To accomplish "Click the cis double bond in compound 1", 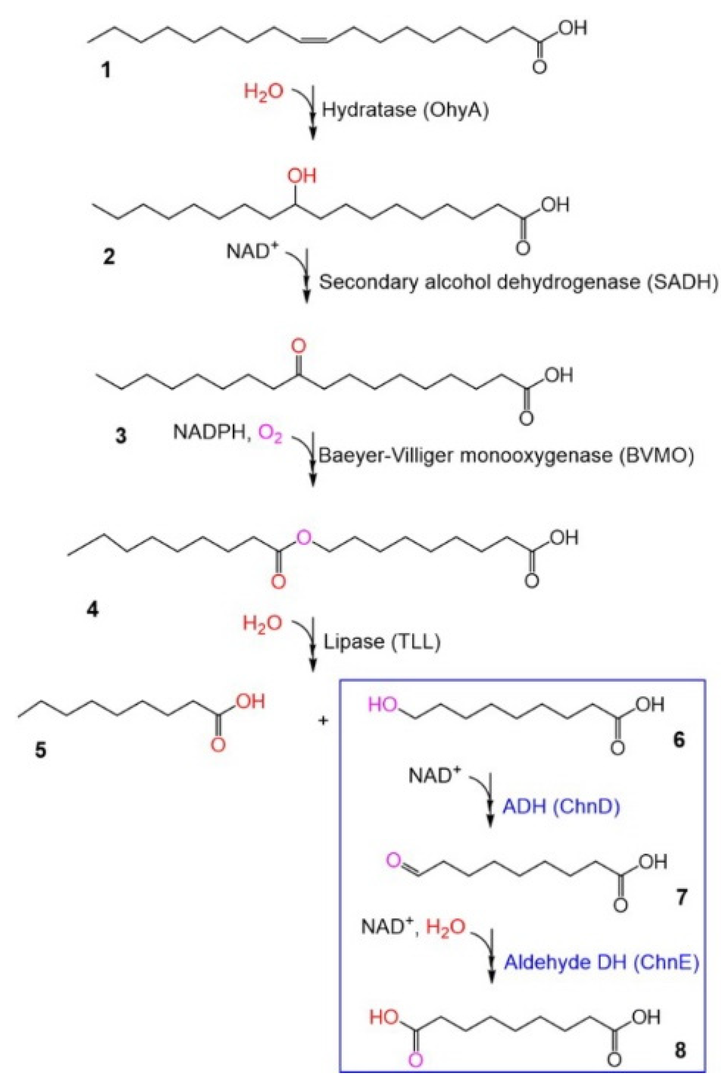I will point(314,41).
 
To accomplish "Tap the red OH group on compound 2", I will point(302,176).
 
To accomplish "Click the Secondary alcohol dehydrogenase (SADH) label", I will point(518,282).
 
